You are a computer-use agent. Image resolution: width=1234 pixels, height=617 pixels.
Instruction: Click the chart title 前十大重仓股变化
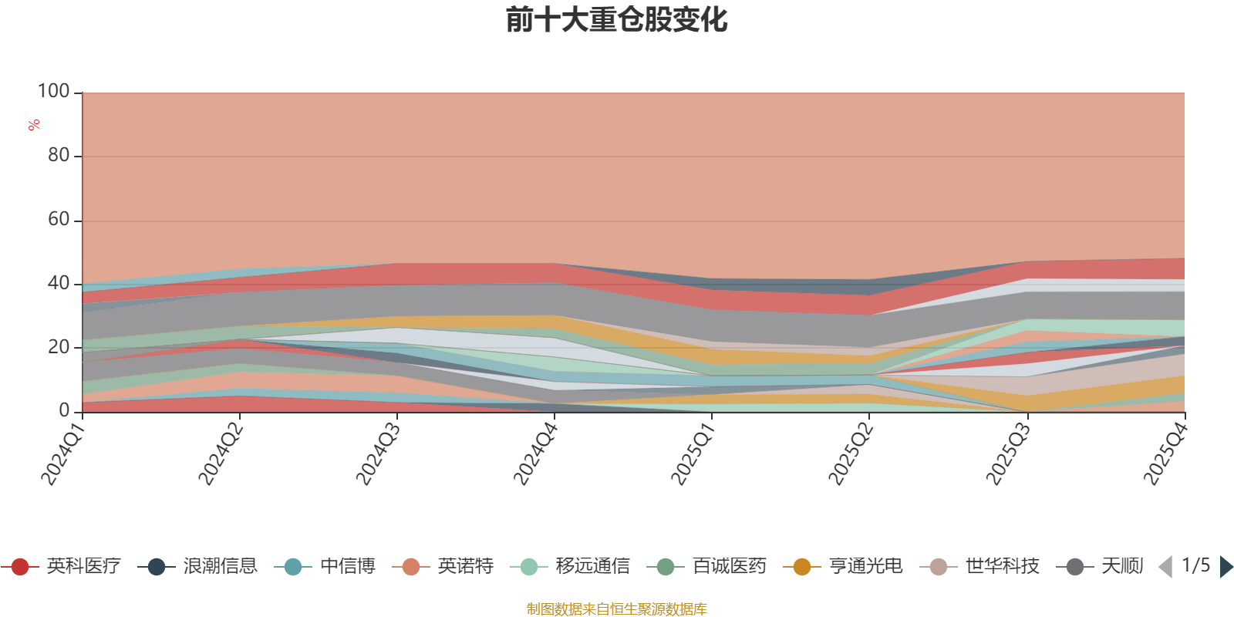point(616,20)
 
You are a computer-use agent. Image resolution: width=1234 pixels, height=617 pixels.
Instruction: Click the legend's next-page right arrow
point(1226,567)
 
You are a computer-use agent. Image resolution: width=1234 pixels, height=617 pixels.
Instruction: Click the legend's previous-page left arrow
point(1165,567)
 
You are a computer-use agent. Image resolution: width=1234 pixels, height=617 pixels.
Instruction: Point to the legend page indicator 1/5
point(1195,566)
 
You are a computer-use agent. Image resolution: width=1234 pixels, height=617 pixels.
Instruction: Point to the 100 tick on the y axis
point(54,92)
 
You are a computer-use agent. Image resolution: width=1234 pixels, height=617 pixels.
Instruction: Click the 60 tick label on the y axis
point(59,220)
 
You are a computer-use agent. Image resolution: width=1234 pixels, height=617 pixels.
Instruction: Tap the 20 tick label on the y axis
point(59,347)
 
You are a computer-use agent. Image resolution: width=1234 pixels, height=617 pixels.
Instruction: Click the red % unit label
point(34,125)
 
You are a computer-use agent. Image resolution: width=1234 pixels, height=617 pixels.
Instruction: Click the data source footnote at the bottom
point(616,609)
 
